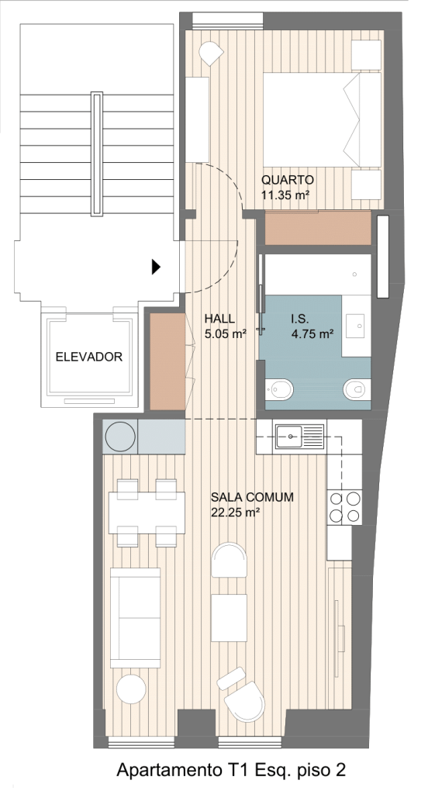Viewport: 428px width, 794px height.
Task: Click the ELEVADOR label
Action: pos(88,357)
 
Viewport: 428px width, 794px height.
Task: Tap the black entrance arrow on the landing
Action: pos(156,267)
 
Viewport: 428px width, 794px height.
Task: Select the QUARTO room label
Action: pos(287,180)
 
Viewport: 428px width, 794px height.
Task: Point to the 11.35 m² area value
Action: pos(285,195)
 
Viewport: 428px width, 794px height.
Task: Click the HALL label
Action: pos(219,319)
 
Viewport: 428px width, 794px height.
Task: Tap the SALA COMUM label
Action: pos(252,497)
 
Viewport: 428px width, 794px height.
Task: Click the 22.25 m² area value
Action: pos(235,513)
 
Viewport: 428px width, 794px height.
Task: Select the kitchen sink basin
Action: pos(289,436)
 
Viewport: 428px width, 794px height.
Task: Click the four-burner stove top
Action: pos(344,507)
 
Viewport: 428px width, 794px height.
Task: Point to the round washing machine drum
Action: pos(120,437)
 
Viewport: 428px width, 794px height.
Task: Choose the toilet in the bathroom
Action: pos(357,389)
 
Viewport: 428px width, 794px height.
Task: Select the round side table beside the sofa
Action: pos(131,689)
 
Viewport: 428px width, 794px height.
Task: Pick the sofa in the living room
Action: pos(135,617)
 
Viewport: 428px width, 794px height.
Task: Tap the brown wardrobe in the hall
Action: pos(167,361)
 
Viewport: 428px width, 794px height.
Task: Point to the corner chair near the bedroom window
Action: pos(211,53)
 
